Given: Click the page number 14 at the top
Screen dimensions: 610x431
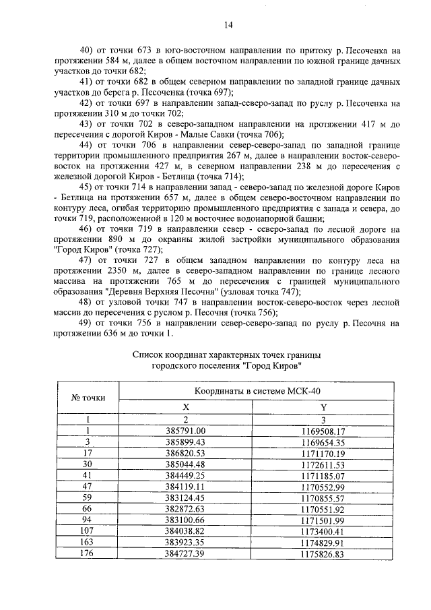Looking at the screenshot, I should click(x=228, y=25).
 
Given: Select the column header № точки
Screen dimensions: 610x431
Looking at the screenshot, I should click(x=88, y=398).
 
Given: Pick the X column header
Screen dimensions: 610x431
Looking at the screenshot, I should click(x=185, y=407).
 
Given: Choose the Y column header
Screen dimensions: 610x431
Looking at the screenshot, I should click(x=323, y=407).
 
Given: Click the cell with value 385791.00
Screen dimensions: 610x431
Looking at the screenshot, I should click(x=185, y=431).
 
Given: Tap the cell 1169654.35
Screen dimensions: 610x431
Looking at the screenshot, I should click(x=323, y=442).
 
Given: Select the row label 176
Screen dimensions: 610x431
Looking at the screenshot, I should click(x=88, y=554).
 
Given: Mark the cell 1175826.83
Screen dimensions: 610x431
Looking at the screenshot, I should click(x=323, y=554).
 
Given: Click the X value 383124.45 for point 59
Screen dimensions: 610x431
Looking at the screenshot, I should click(x=185, y=498).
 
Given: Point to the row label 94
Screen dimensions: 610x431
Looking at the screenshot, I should click(x=88, y=520).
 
